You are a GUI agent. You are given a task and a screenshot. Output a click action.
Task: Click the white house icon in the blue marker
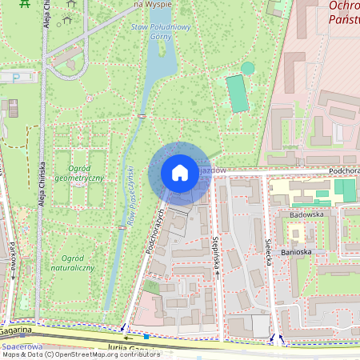click(180, 173)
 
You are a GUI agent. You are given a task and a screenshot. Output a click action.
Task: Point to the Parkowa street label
click(14, 256)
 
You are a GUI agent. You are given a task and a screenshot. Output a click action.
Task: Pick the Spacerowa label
click(22, 347)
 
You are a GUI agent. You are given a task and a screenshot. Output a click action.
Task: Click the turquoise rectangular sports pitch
click(238, 94)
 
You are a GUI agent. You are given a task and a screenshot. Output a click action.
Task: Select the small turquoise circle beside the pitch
click(247, 68)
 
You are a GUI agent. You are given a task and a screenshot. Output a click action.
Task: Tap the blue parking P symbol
click(146, 336)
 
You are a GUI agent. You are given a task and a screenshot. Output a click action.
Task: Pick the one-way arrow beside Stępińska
click(217, 273)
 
